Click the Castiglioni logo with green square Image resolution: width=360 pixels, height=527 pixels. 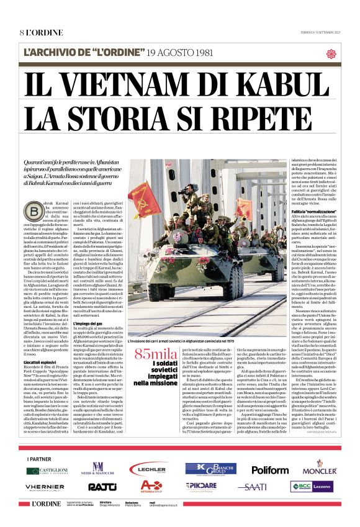[x=47, y=471]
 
